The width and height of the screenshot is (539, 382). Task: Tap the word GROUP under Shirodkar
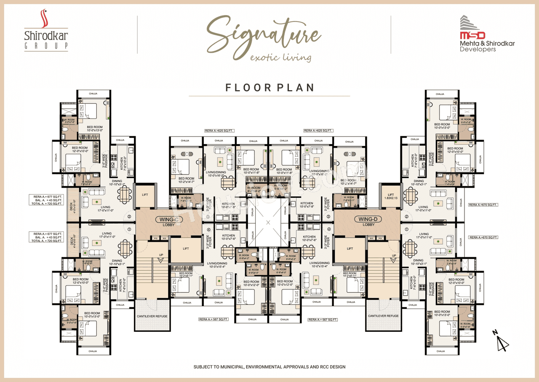click(46, 46)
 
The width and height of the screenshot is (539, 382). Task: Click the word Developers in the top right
click(478, 49)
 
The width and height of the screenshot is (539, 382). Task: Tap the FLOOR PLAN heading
click(269, 87)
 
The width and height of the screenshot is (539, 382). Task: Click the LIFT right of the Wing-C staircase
click(186, 249)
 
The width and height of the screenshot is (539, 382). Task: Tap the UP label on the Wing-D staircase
click(394, 256)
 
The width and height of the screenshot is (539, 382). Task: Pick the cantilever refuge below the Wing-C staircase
click(152, 316)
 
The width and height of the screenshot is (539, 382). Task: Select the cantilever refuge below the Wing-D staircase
click(383, 316)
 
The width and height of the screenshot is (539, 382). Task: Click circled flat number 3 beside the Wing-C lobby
click(208, 217)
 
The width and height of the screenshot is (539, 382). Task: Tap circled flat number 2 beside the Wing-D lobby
click(406, 217)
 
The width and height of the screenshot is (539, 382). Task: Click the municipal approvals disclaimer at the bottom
click(269, 367)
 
